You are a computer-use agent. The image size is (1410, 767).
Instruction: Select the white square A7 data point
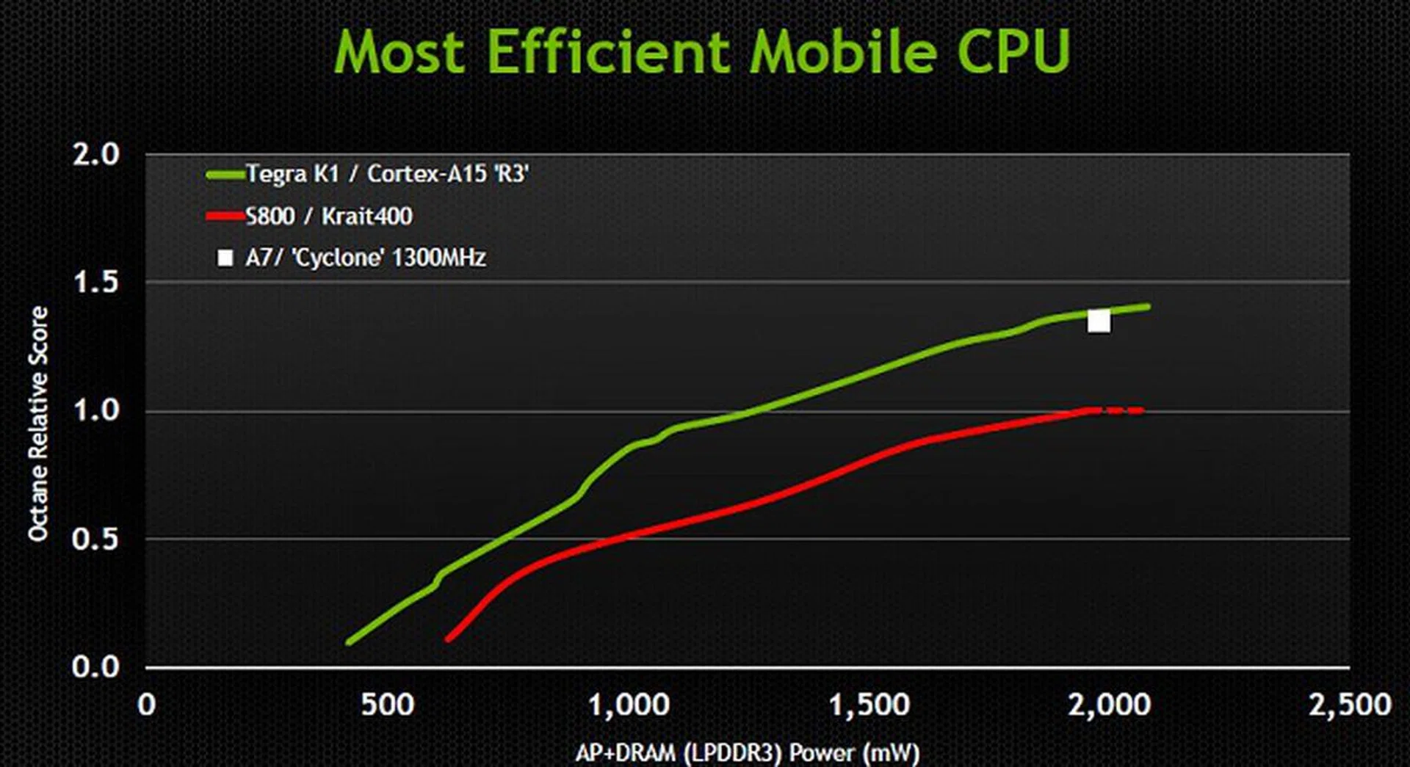pyautogui.click(x=1099, y=321)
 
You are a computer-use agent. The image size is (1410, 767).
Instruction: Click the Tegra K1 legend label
pyautogui.click(x=387, y=174)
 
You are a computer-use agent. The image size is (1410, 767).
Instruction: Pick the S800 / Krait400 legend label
pyautogui.click(x=329, y=216)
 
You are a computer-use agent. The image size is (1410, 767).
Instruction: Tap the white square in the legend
pyautogui.click(x=225, y=258)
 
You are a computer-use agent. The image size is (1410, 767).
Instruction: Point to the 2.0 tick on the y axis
pyautogui.click(x=95, y=154)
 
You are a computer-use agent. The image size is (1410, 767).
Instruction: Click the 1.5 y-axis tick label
pyautogui.click(x=95, y=282)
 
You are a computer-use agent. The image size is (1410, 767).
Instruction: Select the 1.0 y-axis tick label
pyautogui.click(x=95, y=410)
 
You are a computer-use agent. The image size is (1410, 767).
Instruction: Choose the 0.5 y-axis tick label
pyautogui.click(x=95, y=539)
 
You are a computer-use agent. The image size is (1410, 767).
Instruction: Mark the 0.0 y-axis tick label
pyautogui.click(x=95, y=666)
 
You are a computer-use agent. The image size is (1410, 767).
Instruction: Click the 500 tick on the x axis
pyautogui.click(x=387, y=705)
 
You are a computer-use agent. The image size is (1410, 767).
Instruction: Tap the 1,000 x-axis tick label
pyautogui.click(x=629, y=705)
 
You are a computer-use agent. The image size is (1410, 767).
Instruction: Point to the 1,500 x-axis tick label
pyautogui.click(x=869, y=705)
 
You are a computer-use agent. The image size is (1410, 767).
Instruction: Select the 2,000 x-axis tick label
pyautogui.click(x=1109, y=705)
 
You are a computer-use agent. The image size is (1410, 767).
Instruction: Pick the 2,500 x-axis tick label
pyautogui.click(x=1350, y=705)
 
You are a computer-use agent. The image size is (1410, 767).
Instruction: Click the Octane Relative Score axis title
pyautogui.click(x=38, y=424)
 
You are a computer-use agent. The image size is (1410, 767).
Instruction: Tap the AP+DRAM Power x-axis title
pyautogui.click(x=747, y=752)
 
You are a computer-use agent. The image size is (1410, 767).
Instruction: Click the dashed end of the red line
pyautogui.click(x=1124, y=411)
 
